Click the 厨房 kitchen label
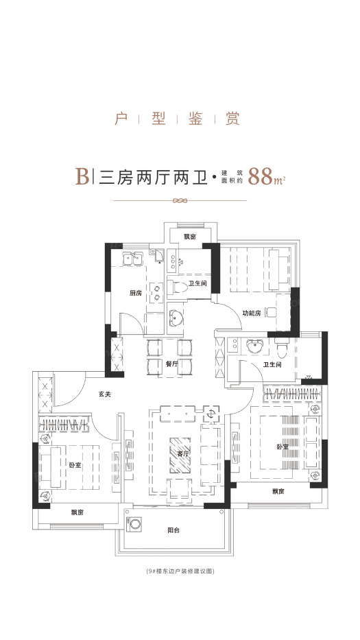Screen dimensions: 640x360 (135, 293)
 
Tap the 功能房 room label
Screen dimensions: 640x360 (251, 313)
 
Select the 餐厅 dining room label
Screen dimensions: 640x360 (172, 364)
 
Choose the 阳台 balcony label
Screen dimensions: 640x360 (174, 530)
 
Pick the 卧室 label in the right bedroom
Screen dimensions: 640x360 (283, 447)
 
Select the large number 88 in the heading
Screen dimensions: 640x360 (261, 176)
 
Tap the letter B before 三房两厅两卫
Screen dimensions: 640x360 (82, 176)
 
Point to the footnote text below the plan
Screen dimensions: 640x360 (180, 571)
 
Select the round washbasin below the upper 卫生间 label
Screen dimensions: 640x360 (176, 318)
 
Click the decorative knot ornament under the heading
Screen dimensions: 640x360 (180, 201)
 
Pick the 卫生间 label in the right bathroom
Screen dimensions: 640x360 (272, 365)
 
